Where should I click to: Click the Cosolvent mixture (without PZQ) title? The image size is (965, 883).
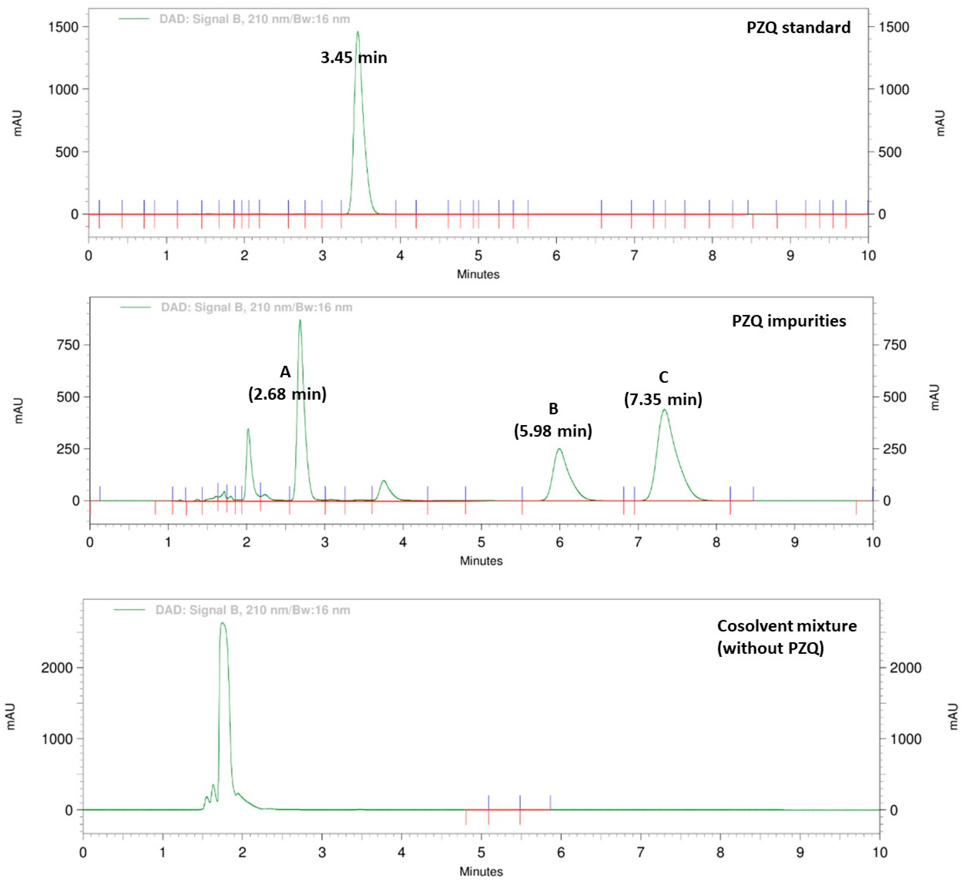click(x=786, y=637)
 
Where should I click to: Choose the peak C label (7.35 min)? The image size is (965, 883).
click(x=663, y=388)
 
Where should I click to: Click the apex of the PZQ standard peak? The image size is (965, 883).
click(x=357, y=32)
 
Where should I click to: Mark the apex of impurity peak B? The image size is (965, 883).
click(x=559, y=449)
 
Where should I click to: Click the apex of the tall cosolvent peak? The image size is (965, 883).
click(x=223, y=623)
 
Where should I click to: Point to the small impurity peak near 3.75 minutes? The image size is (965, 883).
click(x=383, y=481)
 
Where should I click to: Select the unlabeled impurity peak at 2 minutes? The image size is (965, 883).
click(x=248, y=429)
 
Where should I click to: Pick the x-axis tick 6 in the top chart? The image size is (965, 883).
click(x=556, y=256)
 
